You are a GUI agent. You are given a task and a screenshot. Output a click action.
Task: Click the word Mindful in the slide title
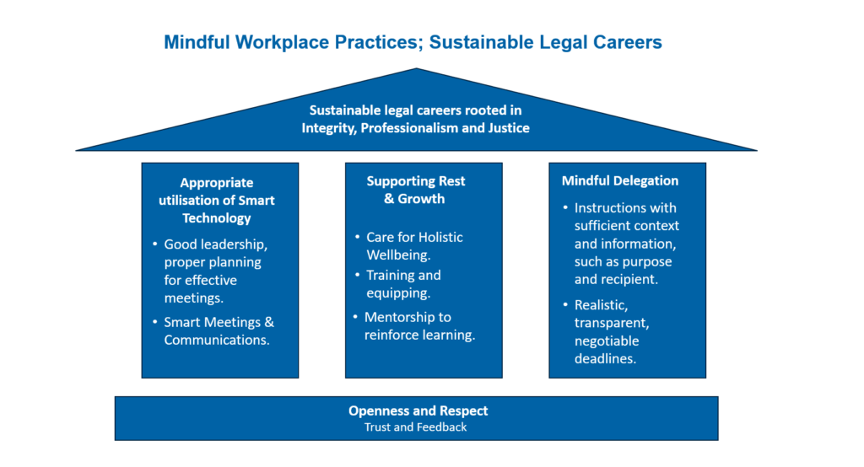tap(197, 42)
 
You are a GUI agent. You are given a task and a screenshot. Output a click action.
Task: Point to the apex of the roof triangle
tap(417, 68)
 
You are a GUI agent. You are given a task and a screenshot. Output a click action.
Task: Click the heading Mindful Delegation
tap(620, 180)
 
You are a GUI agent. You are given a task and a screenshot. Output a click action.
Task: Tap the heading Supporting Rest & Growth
tap(415, 190)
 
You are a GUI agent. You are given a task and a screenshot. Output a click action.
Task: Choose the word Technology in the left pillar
tap(217, 218)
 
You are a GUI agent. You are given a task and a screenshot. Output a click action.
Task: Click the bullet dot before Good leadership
tap(155, 244)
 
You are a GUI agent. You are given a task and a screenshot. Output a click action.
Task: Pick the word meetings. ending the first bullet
tap(193, 298)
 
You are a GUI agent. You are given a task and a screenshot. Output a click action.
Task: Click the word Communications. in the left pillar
tap(217, 340)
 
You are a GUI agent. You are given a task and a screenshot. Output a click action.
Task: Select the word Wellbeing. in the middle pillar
tap(398, 255)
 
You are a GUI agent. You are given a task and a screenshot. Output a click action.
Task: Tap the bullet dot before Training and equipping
tap(358, 274)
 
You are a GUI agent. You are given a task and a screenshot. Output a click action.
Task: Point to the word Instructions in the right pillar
tap(609, 208)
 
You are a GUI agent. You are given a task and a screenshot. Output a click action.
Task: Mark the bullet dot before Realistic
tap(565, 304)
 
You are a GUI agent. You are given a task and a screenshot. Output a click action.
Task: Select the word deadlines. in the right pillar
tap(605, 358)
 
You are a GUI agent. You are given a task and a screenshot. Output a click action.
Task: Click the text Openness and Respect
tap(418, 411)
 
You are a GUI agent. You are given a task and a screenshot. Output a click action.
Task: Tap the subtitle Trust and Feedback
tap(415, 427)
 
